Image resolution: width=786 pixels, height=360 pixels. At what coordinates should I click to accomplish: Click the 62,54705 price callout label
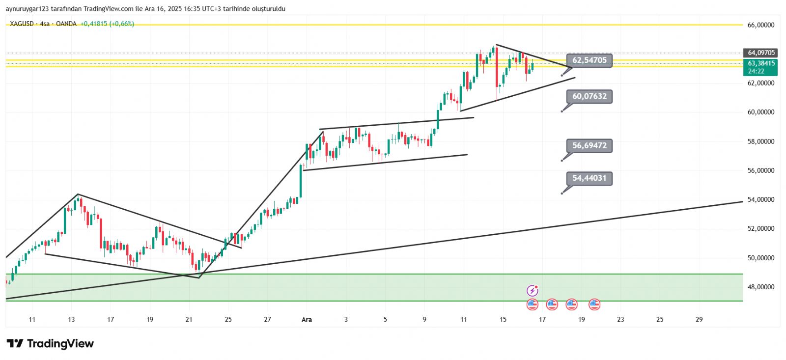pyautogui.click(x=589, y=60)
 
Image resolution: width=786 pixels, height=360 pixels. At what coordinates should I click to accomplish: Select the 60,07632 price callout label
pyautogui.click(x=589, y=96)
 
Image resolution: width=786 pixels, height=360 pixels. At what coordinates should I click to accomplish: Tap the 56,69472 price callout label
pyautogui.click(x=589, y=145)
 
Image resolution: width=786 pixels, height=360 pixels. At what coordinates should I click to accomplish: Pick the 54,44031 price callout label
pyautogui.click(x=589, y=178)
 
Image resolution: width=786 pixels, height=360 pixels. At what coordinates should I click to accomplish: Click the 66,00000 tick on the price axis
pyautogui.click(x=761, y=25)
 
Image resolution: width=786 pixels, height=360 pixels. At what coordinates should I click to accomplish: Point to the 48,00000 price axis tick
pyautogui.click(x=761, y=287)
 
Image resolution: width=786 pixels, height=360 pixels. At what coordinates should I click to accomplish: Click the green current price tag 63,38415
pyautogui.click(x=761, y=63)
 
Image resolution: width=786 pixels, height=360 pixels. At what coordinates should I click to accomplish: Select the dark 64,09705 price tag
pyautogui.click(x=761, y=53)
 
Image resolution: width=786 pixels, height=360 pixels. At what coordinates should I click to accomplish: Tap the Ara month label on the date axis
pyautogui.click(x=307, y=319)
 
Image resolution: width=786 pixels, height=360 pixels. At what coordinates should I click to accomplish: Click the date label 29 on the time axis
pyautogui.click(x=699, y=319)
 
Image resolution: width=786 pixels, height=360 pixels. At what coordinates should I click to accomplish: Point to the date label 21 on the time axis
pyautogui.click(x=189, y=319)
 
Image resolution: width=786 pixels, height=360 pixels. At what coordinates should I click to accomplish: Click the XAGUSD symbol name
pyautogui.click(x=22, y=24)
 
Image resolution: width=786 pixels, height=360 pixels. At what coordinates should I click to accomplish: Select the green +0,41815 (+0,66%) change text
pyautogui.click(x=107, y=24)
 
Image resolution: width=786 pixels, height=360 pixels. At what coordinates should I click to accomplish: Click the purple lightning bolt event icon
pyautogui.click(x=532, y=291)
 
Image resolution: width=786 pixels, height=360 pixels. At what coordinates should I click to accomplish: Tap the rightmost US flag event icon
pyautogui.click(x=594, y=305)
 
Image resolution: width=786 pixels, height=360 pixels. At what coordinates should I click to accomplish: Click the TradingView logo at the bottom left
pyautogui.click(x=50, y=343)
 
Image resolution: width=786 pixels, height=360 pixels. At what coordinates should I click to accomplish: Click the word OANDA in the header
pyautogui.click(x=66, y=24)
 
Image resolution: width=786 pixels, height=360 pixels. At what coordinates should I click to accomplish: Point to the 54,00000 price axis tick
pyautogui.click(x=761, y=199)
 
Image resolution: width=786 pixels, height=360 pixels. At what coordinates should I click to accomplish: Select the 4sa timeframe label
pyautogui.click(x=45, y=24)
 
